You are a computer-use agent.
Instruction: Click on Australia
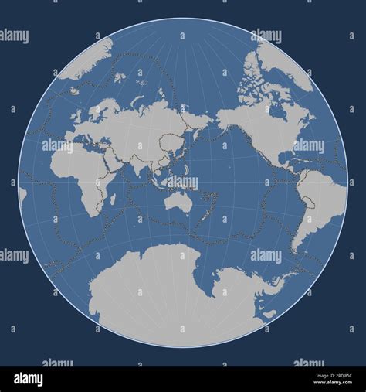[179, 203]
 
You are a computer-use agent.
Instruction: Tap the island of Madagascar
[113, 199]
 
